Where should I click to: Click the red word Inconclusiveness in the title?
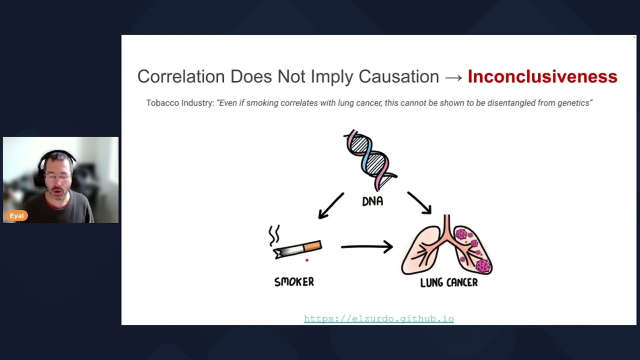(542, 76)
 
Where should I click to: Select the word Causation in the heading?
(398, 76)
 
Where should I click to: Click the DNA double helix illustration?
(371, 159)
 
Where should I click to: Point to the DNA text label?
(372, 201)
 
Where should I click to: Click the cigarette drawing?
(298, 249)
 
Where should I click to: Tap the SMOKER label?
(294, 282)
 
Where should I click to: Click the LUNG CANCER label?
(448, 283)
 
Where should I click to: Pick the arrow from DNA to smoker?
(331, 205)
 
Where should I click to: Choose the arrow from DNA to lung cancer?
(419, 202)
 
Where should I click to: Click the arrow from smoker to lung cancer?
(366, 246)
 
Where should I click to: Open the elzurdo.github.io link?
(378, 318)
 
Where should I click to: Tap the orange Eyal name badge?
(16, 216)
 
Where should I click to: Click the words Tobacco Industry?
(180, 103)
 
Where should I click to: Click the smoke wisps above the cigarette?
(274, 235)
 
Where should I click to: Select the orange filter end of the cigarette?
(312, 246)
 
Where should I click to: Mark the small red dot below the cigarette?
(307, 260)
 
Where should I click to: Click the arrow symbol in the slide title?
(453, 77)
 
